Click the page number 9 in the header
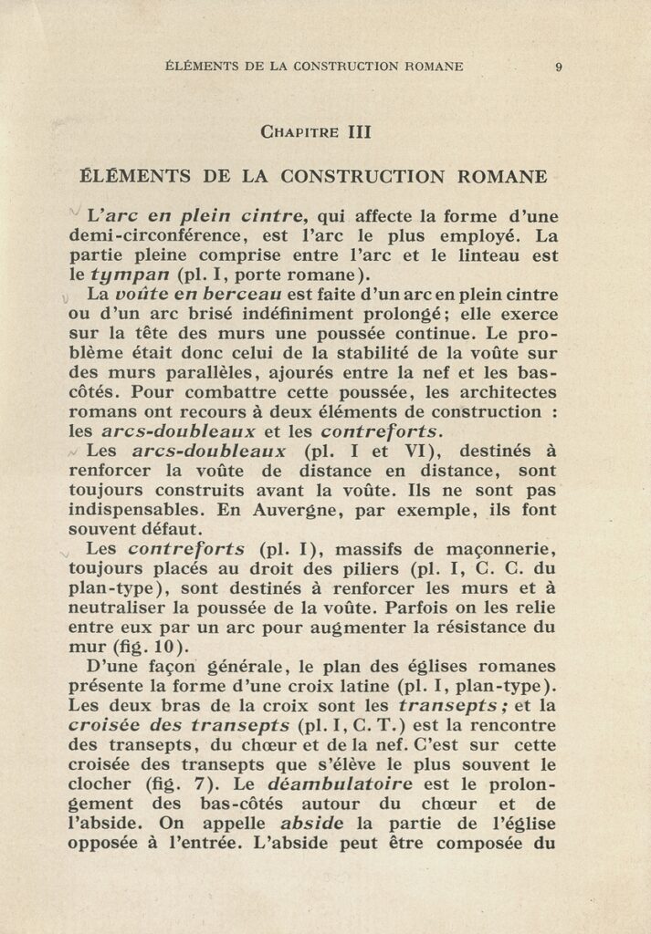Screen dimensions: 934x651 [558, 66]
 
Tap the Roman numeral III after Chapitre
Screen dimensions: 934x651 [359, 131]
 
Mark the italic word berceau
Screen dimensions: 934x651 [228, 296]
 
